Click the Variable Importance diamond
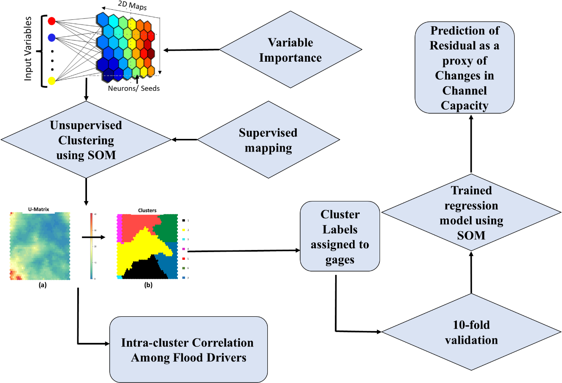tap(291, 50)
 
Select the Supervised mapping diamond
tap(269, 140)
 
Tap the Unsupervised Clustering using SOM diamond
tap(86, 140)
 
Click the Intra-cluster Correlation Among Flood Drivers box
tap(188, 350)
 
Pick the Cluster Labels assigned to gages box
tap(340, 236)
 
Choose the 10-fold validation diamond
tap(471, 332)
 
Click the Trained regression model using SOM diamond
tap(471, 213)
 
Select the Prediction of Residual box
tap(464, 68)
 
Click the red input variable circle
tap(52, 21)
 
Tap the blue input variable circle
tap(52, 38)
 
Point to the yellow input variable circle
tap(52, 81)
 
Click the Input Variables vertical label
tap(28, 49)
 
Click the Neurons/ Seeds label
tap(134, 88)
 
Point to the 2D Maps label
tap(132, 6)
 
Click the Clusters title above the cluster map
tap(147, 210)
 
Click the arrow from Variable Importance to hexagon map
tap(191, 50)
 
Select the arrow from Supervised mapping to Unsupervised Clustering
tap(184, 140)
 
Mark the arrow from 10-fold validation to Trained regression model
tap(471, 272)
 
